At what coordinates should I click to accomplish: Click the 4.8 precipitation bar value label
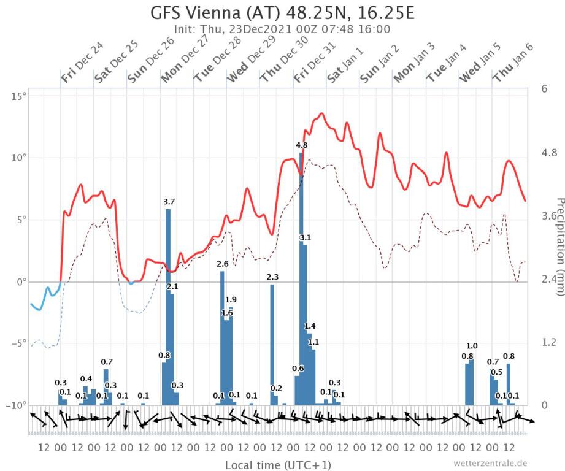point(301,145)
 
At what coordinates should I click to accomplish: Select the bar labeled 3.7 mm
point(168,307)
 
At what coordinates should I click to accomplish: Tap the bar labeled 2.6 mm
point(222,337)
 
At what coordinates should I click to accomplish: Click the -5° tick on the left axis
point(18,343)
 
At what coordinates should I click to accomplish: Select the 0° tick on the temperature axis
point(21,282)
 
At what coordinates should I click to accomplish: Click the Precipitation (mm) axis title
point(559,246)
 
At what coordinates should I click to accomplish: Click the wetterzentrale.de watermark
point(490,463)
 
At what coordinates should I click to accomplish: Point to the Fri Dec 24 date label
point(82,63)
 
